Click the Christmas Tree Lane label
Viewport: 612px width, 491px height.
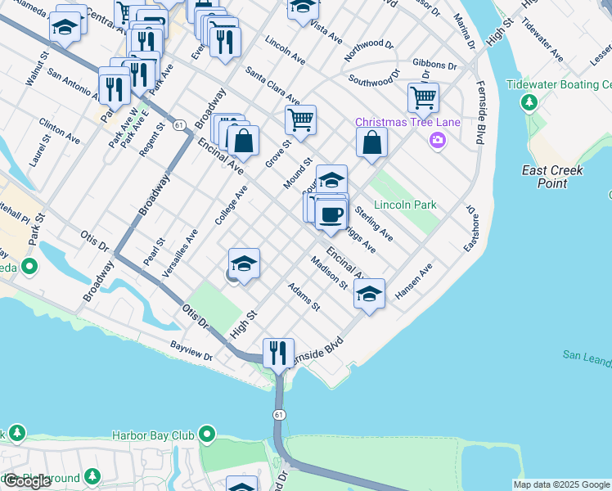pos(407,123)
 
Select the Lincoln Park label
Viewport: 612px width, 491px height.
pos(405,205)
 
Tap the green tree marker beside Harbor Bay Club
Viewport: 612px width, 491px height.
pos(208,435)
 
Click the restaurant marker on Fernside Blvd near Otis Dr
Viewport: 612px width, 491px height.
pos(278,353)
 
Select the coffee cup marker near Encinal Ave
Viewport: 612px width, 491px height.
pos(331,214)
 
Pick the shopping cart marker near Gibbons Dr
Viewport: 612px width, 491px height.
pos(423,98)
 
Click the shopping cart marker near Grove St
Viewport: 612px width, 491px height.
pos(300,119)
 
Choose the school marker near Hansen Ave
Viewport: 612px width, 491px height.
pos(369,293)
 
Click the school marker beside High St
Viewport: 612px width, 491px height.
pos(244,264)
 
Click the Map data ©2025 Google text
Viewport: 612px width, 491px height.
pos(562,484)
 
